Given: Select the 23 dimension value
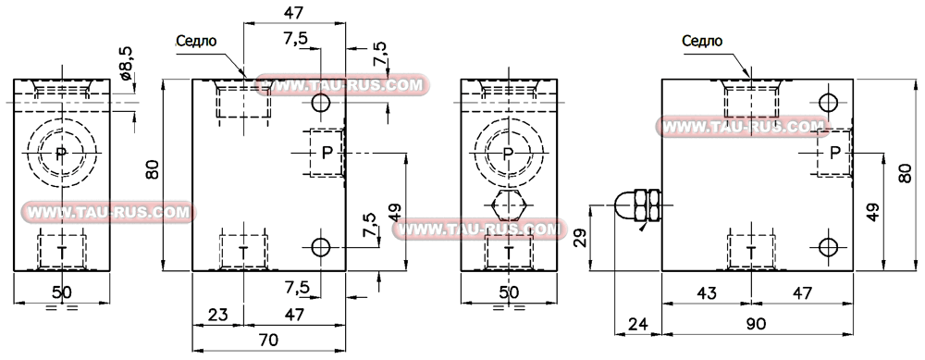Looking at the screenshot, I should coord(217,315).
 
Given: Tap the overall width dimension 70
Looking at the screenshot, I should coord(268,340).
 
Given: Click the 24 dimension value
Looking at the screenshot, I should coord(638,324).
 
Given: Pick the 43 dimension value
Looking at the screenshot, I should coord(707,293).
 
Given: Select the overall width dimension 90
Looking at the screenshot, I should coord(757,324).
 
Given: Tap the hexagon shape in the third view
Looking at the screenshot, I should coord(507,205).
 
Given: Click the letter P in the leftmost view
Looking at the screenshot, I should coord(61,154).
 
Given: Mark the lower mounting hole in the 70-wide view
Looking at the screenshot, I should coord(321,248).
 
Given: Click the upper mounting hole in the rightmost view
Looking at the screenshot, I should coord(828,103).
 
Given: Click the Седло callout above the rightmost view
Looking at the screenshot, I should coord(701,40).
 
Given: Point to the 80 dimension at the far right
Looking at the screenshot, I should coord(905,173).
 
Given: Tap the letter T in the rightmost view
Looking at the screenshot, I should coord(751,251).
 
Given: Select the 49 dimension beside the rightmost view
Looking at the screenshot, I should coord(871,211).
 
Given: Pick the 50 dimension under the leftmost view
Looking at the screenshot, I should coord(62,293).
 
